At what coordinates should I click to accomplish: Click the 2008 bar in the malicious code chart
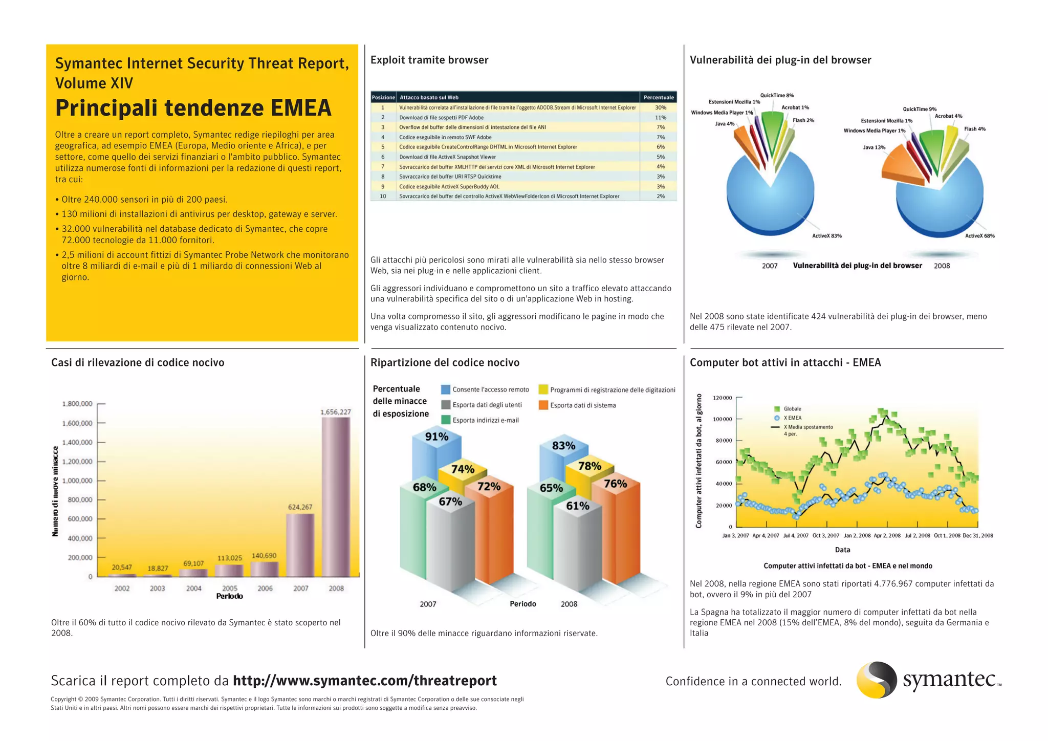point(336,496)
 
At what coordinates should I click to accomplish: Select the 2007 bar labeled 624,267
point(300,545)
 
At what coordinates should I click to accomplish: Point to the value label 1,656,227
point(336,412)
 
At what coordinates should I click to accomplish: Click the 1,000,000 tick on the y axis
point(77,481)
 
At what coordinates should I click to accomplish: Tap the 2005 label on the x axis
point(230,589)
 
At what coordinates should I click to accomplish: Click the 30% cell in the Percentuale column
point(660,107)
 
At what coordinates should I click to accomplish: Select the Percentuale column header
point(659,97)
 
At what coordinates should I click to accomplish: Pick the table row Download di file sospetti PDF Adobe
point(441,117)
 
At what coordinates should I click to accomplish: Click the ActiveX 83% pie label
point(827,236)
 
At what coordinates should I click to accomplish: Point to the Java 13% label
point(874,147)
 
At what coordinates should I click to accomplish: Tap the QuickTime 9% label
point(920,109)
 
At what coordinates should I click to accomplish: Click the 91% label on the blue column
point(436,437)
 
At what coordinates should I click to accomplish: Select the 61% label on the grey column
point(577,506)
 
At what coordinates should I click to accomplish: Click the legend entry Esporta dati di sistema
point(583,405)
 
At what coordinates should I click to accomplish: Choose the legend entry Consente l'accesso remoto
point(490,389)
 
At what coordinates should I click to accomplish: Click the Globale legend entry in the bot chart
point(792,409)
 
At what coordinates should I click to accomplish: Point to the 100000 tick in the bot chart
point(723,419)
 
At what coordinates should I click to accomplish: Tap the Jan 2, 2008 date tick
point(857,536)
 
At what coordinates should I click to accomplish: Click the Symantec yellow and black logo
point(877,680)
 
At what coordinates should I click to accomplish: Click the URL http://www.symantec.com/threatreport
point(364,681)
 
